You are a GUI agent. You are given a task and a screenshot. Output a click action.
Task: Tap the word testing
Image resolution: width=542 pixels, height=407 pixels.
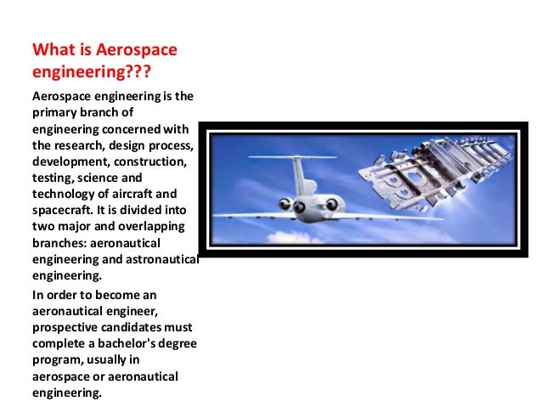point(51,178)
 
